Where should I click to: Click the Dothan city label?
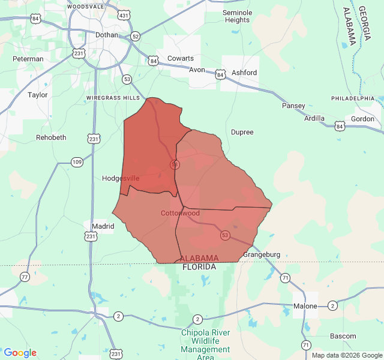(x=107, y=35)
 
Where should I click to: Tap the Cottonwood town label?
(x=180, y=213)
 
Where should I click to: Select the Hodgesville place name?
(x=121, y=178)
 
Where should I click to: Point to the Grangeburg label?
(x=262, y=254)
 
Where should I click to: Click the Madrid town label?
(x=103, y=226)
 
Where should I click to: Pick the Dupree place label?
(x=242, y=132)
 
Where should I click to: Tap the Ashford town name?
(x=244, y=73)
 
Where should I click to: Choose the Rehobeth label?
(x=51, y=137)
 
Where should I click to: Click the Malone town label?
(x=305, y=306)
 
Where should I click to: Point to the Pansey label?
(x=293, y=106)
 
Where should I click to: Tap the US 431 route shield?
(x=124, y=14)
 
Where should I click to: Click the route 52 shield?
(x=136, y=36)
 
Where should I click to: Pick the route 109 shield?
(x=77, y=161)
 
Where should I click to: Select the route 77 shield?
(x=25, y=277)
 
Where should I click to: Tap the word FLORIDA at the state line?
(x=199, y=266)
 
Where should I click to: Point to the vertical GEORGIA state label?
(x=364, y=25)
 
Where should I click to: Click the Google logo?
(x=20, y=353)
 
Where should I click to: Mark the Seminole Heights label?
(x=237, y=16)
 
